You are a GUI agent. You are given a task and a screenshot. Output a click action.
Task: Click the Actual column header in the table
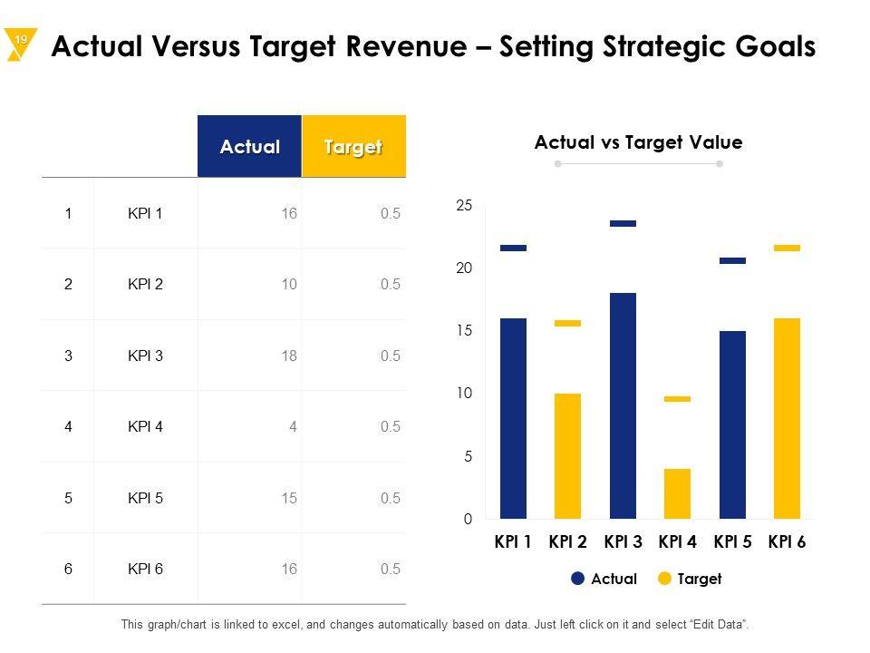point(249,147)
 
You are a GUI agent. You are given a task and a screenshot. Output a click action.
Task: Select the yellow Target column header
point(353,147)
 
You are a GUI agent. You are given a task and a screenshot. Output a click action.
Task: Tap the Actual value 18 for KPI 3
point(289,356)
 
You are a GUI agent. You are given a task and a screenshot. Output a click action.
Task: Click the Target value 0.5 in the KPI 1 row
point(391,214)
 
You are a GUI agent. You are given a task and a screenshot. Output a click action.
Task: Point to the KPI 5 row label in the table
point(146,498)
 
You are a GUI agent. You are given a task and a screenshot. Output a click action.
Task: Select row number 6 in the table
point(68,569)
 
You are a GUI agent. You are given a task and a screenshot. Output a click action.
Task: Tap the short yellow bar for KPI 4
point(677,493)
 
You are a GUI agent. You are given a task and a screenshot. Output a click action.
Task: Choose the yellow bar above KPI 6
point(787,418)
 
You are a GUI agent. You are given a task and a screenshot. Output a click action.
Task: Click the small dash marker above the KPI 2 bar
point(567,323)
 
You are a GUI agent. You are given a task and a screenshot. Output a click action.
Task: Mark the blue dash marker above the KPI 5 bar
point(732,260)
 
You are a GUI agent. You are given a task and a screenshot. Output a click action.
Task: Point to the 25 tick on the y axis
point(464,207)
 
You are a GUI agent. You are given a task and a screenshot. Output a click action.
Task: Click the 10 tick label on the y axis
point(464,394)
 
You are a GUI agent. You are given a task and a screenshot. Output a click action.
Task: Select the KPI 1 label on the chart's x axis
point(513,542)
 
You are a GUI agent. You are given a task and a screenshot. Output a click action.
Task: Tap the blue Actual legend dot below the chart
point(577,579)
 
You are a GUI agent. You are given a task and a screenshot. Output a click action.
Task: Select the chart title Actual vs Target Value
point(638,142)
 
